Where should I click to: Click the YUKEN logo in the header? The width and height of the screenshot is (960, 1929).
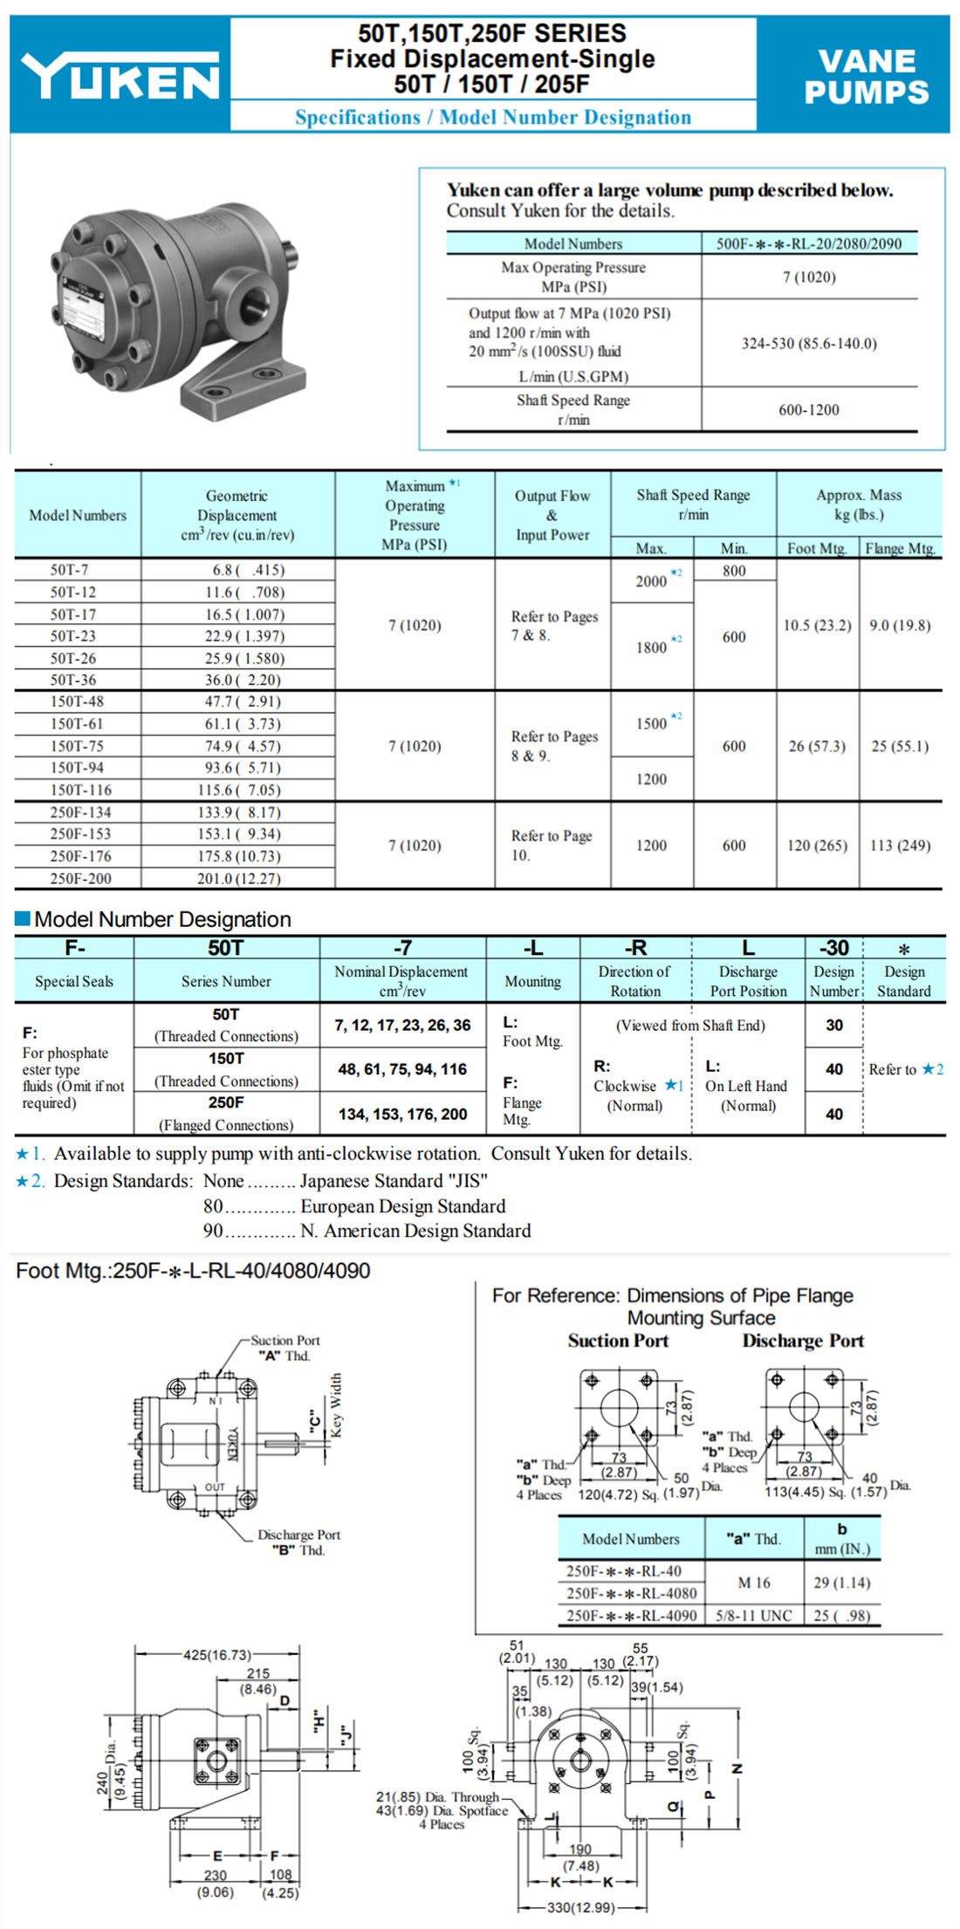(120, 76)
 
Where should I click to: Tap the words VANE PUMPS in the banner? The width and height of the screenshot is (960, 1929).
(866, 77)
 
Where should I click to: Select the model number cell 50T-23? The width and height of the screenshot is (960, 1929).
(73, 636)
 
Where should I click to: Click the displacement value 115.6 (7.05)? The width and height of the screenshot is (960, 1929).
(238, 790)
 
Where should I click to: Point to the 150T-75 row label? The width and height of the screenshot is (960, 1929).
(77, 746)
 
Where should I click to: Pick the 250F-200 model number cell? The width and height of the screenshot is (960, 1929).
(80, 878)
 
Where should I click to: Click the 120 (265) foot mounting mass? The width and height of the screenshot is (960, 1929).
(817, 845)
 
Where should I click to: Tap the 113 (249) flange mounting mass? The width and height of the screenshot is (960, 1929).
(900, 845)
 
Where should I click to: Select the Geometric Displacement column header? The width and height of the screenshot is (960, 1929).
(237, 515)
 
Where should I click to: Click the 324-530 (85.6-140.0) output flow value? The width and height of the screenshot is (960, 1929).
(809, 343)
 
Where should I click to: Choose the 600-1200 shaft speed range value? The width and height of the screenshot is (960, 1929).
(809, 409)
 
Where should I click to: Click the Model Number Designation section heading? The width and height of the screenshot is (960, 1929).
(162, 919)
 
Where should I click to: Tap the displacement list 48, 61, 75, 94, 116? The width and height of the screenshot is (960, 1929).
(402, 1069)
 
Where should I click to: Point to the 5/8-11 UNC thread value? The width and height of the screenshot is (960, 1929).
(753, 1616)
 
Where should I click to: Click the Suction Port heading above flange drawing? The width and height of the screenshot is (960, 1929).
(618, 1341)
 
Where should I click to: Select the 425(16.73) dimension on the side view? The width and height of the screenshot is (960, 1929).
(216, 1655)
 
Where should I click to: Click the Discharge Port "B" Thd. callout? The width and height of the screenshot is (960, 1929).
(298, 1542)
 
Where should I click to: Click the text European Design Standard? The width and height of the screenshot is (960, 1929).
(402, 1206)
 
